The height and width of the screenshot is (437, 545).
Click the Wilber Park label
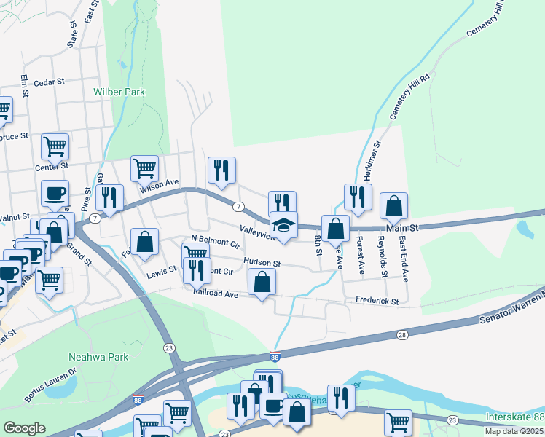(x=119, y=92)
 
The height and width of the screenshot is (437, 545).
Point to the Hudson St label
(x=262, y=262)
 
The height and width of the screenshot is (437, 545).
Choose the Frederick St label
(x=377, y=301)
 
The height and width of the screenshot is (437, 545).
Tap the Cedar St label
(x=50, y=83)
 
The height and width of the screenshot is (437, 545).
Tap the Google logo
(x=24, y=428)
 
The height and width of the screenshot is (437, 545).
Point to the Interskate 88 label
(x=514, y=417)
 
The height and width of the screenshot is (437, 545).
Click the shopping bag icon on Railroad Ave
(x=262, y=282)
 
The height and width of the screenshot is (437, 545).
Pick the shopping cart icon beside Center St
(x=55, y=147)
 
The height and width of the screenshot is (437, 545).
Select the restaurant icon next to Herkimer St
(x=358, y=197)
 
